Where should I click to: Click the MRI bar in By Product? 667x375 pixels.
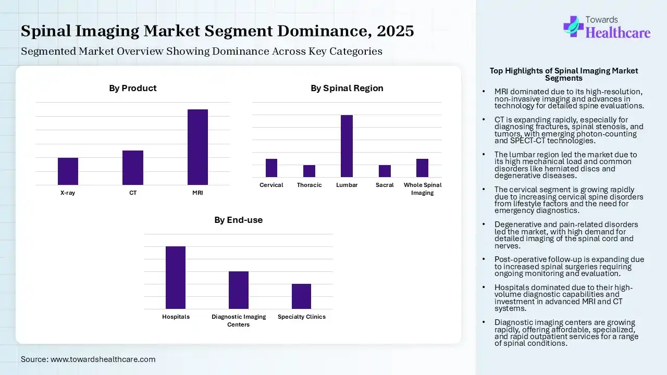(x=197, y=147)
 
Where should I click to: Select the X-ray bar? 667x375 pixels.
(x=68, y=171)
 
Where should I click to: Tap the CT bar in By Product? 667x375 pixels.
(x=133, y=167)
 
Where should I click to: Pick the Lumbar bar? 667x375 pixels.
(x=347, y=146)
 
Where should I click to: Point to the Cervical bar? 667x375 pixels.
(x=271, y=168)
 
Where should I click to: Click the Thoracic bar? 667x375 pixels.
(x=309, y=171)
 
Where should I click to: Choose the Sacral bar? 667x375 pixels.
(x=385, y=171)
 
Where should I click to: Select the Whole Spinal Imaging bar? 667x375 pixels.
(x=422, y=168)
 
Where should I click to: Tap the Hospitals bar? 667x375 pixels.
(x=176, y=277)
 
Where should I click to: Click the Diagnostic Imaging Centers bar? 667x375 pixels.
(x=239, y=290)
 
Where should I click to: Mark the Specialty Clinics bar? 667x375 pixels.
(x=301, y=296)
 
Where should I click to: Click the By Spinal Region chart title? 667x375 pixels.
(x=347, y=88)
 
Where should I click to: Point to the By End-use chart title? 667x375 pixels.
(x=238, y=220)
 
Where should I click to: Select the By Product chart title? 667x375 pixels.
(x=132, y=88)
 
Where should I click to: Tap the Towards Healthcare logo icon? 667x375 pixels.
(x=573, y=26)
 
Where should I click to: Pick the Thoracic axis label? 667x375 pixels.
(x=309, y=185)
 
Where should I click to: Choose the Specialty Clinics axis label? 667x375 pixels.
(x=301, y=317)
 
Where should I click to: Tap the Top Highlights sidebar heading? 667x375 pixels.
(x=563, y=74)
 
